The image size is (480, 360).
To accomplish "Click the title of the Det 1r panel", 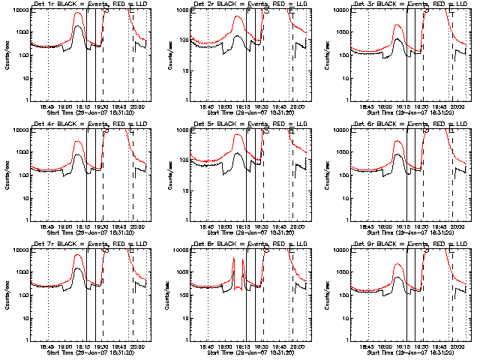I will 85,5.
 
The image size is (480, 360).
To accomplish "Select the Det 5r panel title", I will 245,124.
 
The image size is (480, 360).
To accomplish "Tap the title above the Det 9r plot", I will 406,244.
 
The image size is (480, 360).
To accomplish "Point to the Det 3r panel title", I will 406,5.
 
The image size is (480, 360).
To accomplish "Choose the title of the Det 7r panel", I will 85,244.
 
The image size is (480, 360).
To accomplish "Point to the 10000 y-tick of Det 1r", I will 21,10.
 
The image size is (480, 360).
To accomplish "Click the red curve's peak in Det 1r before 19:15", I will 78,13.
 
